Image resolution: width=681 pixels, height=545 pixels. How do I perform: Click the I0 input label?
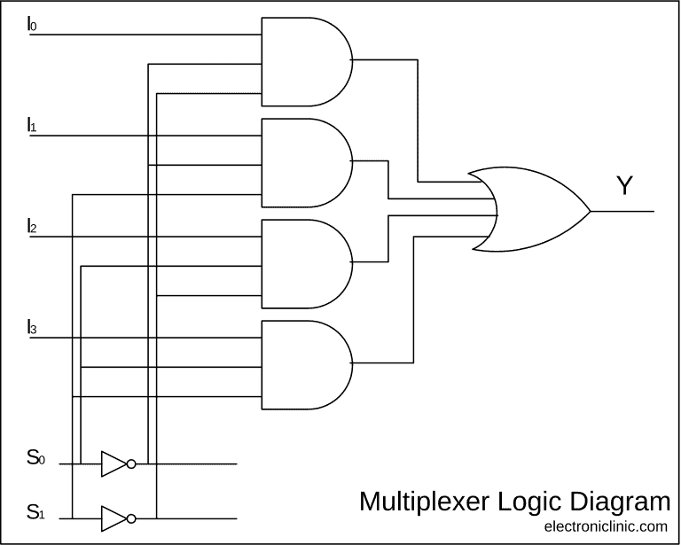click(32, 24)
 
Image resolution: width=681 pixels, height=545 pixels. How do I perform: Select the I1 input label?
click(32, 125)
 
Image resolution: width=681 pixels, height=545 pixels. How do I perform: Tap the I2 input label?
click(32, 226)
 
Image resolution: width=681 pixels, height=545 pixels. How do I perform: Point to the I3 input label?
click(32, 327)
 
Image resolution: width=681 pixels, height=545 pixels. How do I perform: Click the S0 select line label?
click(35, 458)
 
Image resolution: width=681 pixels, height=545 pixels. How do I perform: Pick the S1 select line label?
click(35, 511)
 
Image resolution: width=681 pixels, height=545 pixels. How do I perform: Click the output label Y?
click(625, 186)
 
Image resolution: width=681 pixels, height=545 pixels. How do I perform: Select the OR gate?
click(532, 211)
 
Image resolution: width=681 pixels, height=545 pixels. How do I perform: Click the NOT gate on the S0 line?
click(114, 463)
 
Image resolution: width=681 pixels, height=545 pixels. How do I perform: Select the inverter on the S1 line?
click(114, 518)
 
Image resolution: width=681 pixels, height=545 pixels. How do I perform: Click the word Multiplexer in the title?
click(424, 502)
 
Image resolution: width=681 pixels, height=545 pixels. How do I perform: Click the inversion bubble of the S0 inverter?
click(131, 463)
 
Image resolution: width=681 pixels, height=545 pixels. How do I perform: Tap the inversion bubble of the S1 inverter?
click(131, 518)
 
